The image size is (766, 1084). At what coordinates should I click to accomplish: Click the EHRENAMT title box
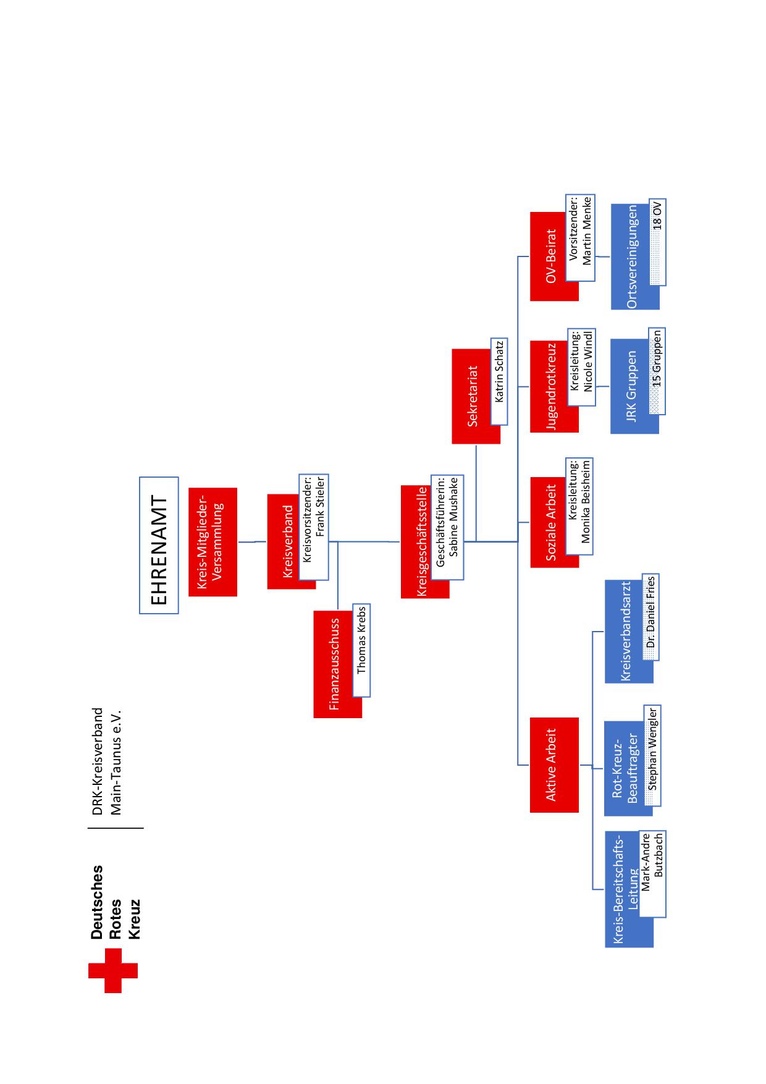click(159, 545)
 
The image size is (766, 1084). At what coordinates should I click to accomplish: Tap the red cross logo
click(113, 970)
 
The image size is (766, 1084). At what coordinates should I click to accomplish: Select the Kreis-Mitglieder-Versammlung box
click(213, 542)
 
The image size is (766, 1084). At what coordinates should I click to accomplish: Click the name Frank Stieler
click(320, 507)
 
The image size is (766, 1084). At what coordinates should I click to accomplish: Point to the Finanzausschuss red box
click(337, 664)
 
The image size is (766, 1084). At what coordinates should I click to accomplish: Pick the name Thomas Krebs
click(361, 640)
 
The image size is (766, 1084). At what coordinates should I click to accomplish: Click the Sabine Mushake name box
click(447, 527)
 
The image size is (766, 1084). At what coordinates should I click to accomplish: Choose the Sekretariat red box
click(476, 396)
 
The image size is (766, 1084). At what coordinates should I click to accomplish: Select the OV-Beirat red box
click(554, 256)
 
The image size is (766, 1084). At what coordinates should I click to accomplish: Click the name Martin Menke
click(587, 231)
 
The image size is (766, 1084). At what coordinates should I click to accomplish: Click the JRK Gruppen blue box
click(634, 386)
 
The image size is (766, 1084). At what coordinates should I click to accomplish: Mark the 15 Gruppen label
click(657, 359)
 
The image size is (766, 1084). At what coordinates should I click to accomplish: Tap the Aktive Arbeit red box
click(554, 765)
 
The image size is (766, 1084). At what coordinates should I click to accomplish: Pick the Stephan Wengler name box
click(652, 755)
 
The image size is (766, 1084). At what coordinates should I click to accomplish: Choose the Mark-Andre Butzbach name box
click(652, 873)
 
